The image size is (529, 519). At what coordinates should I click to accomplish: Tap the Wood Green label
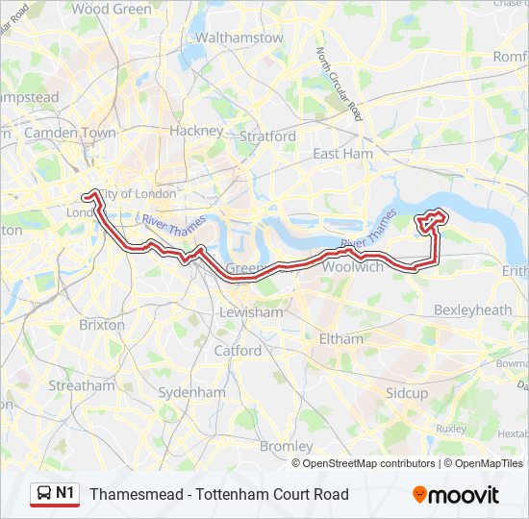click(112, 9)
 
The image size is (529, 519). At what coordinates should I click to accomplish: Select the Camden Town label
click(70, 133)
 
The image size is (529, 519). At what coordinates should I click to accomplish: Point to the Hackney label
click(196, 130)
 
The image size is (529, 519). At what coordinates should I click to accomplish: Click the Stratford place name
click(267, 136)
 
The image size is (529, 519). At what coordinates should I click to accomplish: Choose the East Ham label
click(342, 154)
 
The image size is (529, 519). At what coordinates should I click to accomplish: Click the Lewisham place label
click(251, 312)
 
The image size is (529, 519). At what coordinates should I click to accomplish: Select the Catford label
click(238, 351)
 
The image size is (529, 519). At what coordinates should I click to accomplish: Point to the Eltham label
click(340, 338)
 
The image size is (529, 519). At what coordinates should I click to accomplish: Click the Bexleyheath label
click(473, 309)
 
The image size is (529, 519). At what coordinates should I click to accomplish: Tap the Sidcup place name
click(407, 393)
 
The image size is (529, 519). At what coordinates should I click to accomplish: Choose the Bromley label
click(287, 446)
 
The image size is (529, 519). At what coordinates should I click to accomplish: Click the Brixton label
click(102, 325)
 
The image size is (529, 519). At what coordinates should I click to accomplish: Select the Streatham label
click(82, 385)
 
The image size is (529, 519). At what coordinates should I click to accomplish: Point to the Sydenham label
click(191, 392)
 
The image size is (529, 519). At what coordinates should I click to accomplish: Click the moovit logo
click(456, 495)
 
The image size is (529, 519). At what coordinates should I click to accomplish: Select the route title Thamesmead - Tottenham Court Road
click(219, 495)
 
